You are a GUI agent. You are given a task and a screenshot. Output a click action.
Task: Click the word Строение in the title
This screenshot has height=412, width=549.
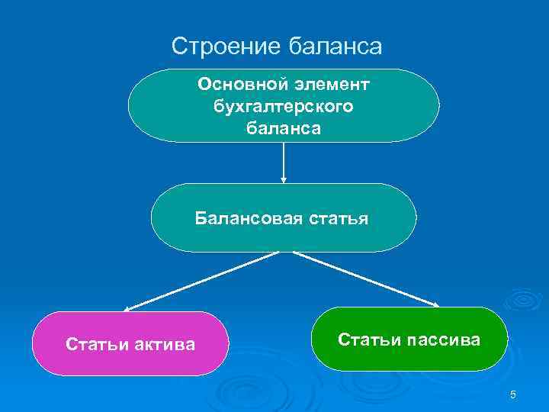click(227, 47)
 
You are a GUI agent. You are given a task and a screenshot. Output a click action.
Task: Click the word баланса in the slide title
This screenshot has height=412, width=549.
click(335, 47)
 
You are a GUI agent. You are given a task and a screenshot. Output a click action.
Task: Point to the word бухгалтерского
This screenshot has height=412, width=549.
click(284, 106)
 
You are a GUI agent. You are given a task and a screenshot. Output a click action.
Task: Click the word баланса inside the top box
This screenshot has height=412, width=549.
click(284, 129)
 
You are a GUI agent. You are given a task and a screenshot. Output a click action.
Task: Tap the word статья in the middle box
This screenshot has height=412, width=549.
click(335, 220)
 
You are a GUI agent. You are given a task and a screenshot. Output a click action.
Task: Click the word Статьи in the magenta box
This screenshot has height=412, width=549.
click(93, 345)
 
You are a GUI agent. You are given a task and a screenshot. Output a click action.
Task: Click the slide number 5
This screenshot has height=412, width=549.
click(513, 394)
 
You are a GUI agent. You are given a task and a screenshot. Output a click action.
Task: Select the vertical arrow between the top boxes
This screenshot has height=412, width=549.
click(284, 162)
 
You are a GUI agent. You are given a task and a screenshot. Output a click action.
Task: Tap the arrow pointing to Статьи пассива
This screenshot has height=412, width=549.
click(366, 279)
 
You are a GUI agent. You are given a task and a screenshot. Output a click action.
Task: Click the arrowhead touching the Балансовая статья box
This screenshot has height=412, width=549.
click(284, 180)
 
